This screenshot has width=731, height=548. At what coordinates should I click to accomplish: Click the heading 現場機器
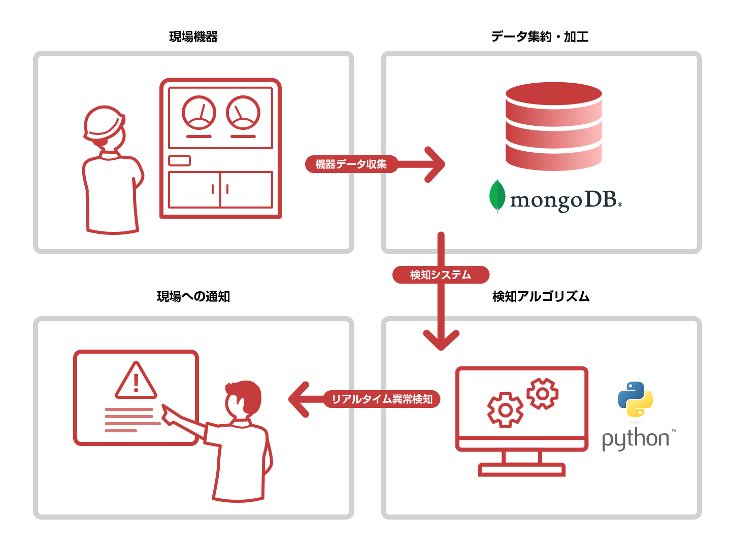click(x=193, y=37)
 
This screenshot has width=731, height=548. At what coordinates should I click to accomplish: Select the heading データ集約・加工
click(x=540, y=37)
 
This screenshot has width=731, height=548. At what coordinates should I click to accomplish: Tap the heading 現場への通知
click(x=193, y=296)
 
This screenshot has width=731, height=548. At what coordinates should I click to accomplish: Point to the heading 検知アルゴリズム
click(x=541, y=296)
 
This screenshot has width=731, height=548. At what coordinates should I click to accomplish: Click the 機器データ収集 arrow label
click(x=351, y=164)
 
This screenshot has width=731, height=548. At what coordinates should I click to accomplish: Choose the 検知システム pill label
click(x=441, y=275)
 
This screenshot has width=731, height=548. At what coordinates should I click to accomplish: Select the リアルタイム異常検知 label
click(x=382, y=399)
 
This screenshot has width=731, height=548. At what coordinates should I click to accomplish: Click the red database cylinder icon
click(x=553, y=126)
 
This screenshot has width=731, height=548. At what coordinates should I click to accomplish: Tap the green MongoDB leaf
click(x=497, y=196)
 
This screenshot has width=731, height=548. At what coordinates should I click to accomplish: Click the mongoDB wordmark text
click(x=563, y=200)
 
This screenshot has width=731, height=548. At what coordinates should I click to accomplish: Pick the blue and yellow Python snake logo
click(x=635, y=399)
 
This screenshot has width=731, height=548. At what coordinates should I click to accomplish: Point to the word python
click(x=636, y=438)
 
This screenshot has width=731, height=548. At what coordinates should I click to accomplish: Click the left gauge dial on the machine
click(x=199, y=113)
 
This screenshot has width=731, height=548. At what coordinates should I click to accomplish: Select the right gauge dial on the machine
click(x=243, y=113)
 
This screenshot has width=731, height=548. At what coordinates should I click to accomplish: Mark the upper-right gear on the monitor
click(x=542, y=393)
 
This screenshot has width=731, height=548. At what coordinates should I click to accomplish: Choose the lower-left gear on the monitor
click(x=505, y=409)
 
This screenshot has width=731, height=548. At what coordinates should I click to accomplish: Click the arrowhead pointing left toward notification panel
click(x=300, y=399)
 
